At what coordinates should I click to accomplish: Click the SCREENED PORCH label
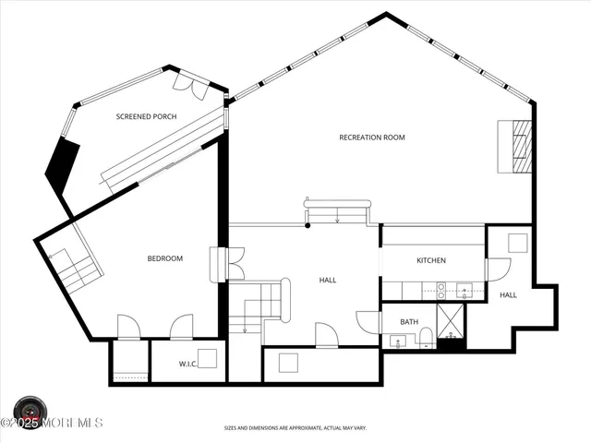click(146, 117)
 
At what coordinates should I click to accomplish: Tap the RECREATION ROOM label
click(372, 138)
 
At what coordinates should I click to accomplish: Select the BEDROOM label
click(165, 259)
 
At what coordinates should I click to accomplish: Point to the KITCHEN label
click(431, 261)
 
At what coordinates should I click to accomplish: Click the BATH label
click(408, 322)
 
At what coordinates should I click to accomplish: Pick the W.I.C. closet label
click(189, 365)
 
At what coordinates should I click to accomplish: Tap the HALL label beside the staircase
click(328, 281)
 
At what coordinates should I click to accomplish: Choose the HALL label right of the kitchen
click(509, 295)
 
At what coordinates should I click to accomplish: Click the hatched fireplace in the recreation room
click(518, 147)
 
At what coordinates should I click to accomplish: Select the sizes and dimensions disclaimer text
click(295, 428)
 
